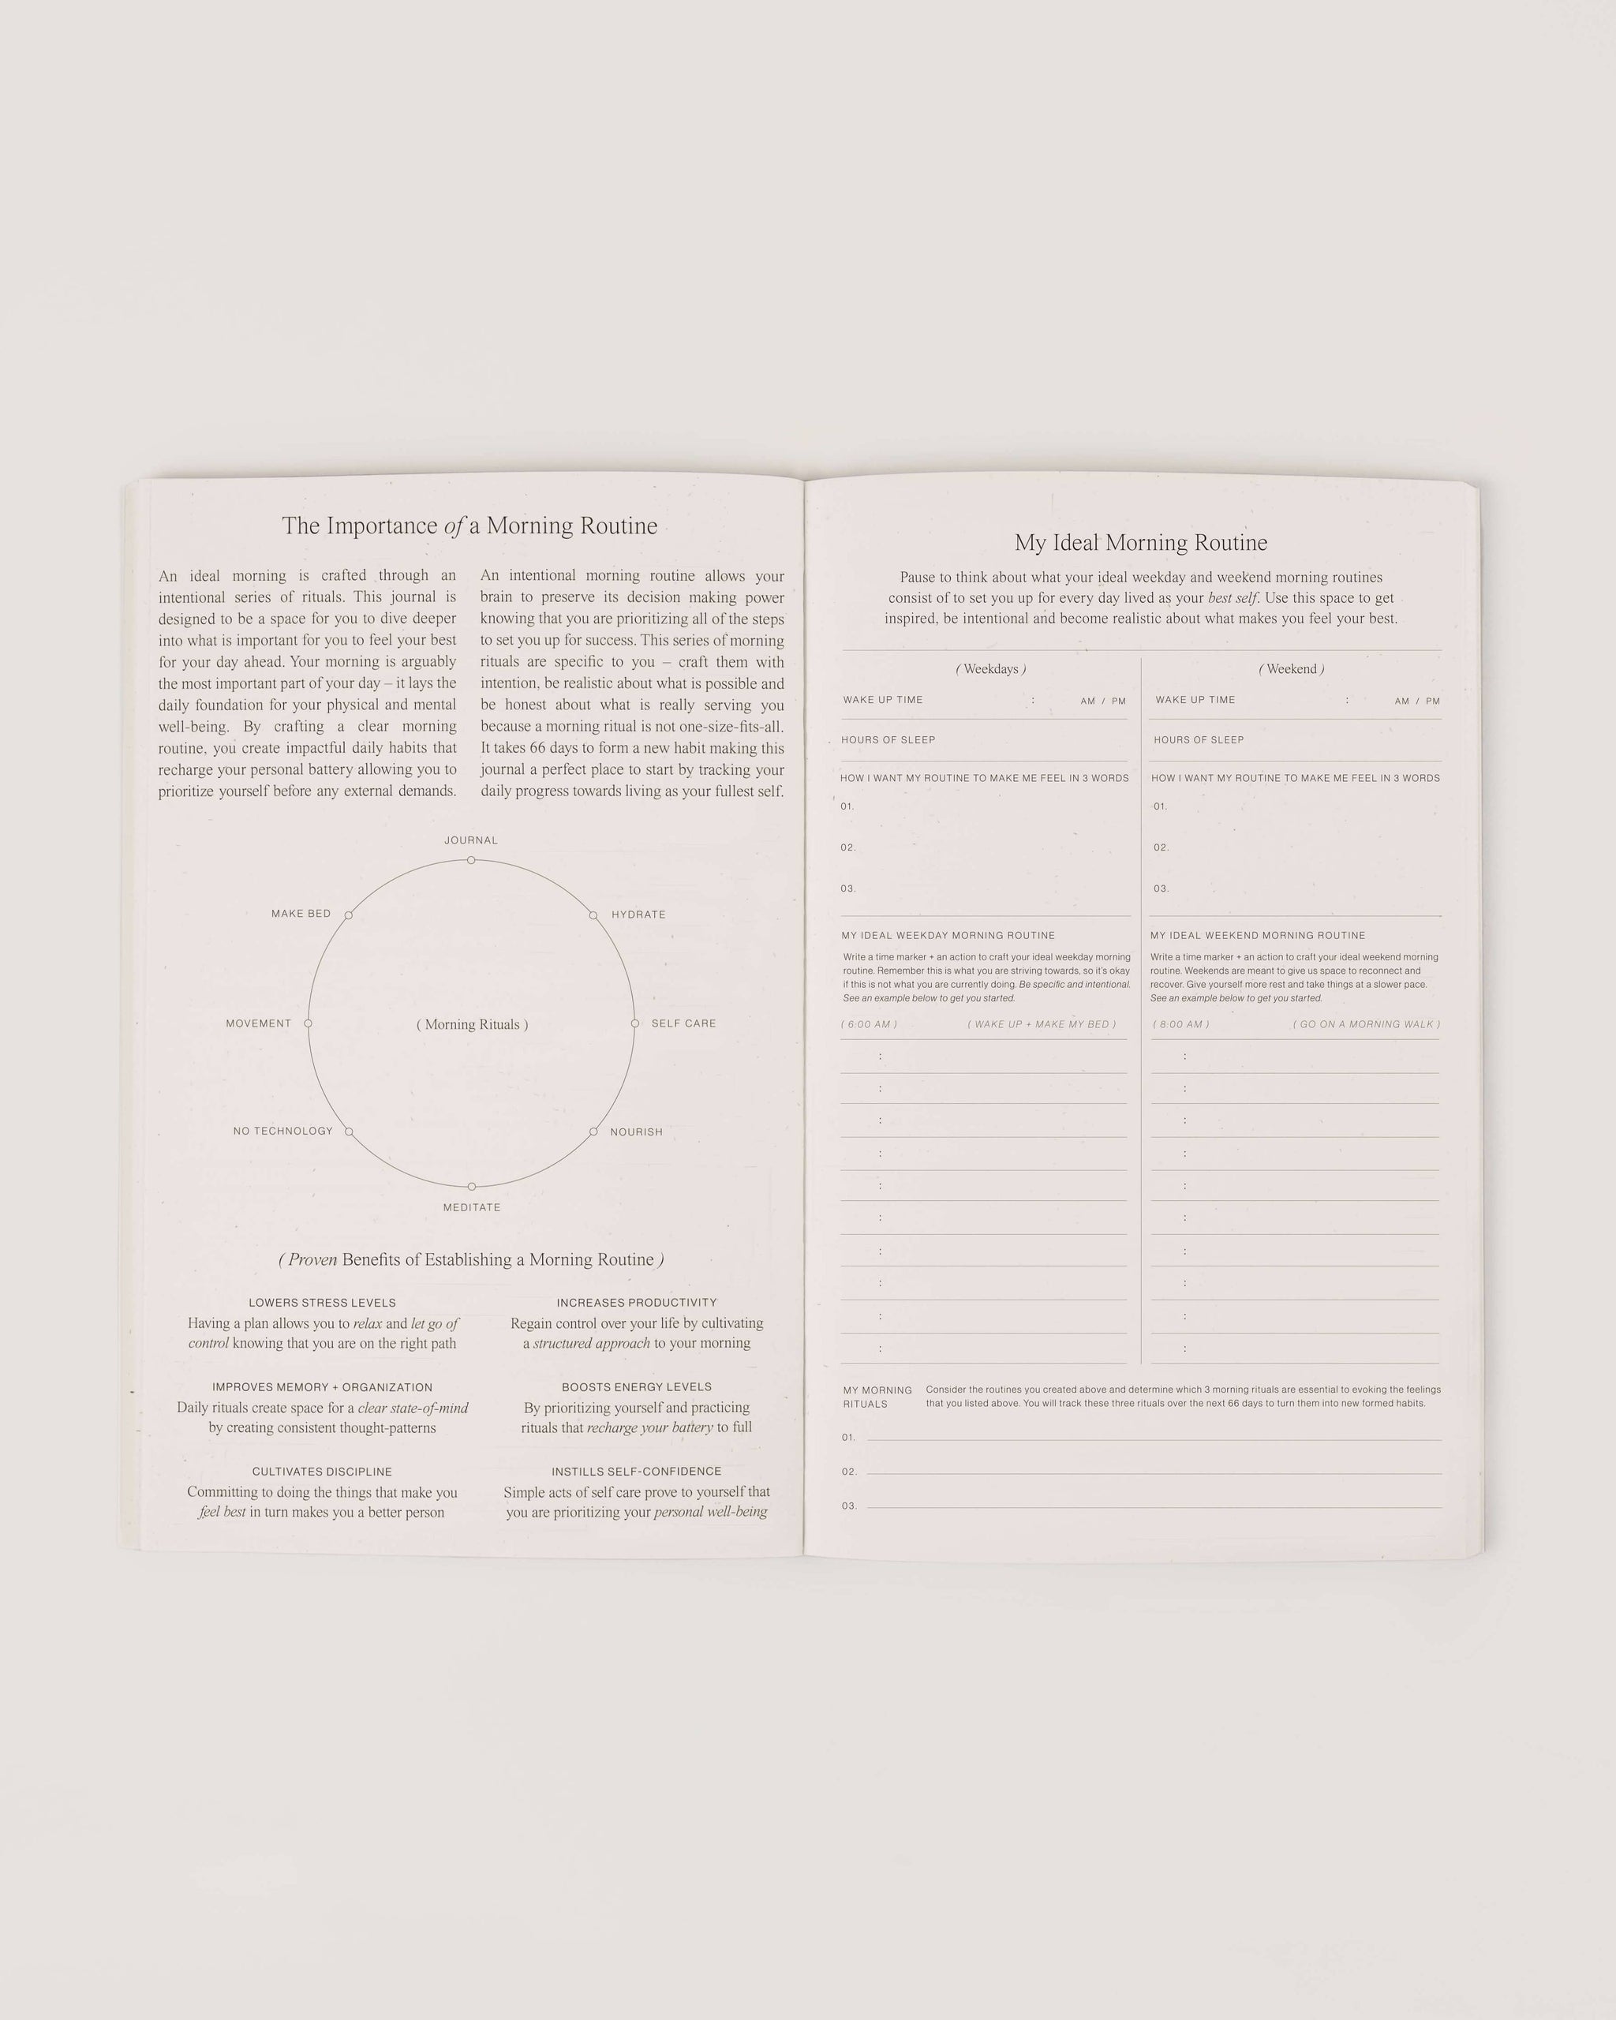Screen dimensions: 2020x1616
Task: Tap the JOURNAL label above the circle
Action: click(470, 840)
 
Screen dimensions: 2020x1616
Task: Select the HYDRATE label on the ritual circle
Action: click(638, 915)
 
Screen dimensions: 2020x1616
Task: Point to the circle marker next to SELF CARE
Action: click(634, 1023)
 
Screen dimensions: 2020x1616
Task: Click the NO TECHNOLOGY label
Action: click(283, 1131)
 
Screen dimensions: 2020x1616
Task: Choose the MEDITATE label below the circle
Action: click(471, 1206)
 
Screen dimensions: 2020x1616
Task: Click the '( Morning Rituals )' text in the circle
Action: click(472, 1024)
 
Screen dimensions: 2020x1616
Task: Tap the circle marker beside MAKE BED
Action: click(349, 915)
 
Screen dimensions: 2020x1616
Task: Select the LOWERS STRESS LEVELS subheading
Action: click(322, 1302)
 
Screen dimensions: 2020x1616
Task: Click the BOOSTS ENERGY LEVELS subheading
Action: click(636, 1386)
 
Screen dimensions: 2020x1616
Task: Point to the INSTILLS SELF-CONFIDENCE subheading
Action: click(636, 1471)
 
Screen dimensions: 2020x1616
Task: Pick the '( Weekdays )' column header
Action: click(990, 669)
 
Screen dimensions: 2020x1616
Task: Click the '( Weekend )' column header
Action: click(1291, 669)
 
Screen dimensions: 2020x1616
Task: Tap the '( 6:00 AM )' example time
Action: click(869, 1024)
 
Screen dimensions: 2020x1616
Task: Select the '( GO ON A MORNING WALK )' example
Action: click(1366, 1024)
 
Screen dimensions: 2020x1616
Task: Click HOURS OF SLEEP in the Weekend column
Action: click(1198, 740)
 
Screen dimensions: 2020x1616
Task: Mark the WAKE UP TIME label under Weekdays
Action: click(882, 700)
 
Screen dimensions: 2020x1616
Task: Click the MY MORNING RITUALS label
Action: click(877, 1397)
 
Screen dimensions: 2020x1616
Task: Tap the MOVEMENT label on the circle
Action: click(259, 1023)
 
